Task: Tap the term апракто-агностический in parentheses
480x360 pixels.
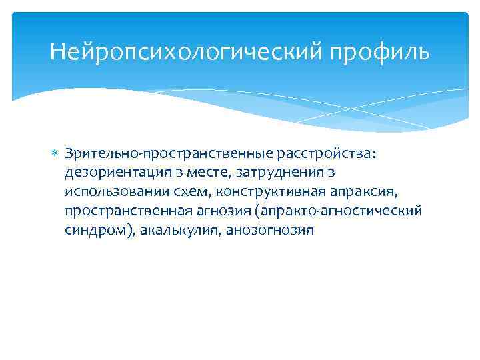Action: click(338, 211)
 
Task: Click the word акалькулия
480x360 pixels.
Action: click(181, 230)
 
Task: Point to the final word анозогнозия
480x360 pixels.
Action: click(269, 230)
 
